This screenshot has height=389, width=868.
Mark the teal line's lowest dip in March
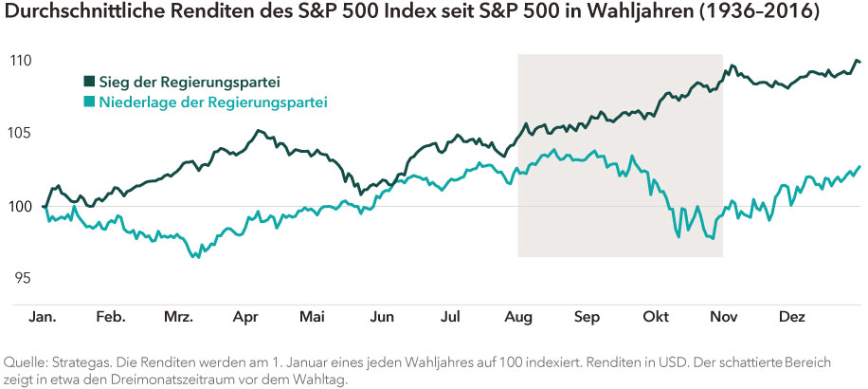click(x=196, y=257)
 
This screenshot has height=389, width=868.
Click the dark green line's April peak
click(x=257, y=131)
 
